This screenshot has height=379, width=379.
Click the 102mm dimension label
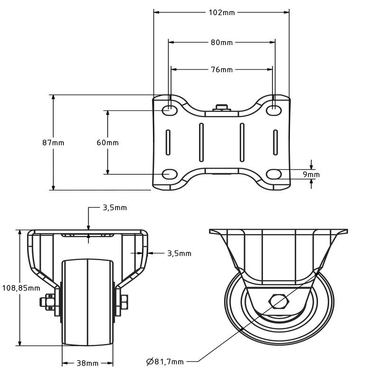(x=222, y=12)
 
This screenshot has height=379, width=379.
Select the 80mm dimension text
(x=222, y=43)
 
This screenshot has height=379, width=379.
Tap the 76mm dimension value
(x=222, y=70)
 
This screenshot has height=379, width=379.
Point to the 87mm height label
(x=53, y=143)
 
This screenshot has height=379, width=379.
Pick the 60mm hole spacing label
(x=108, y=143)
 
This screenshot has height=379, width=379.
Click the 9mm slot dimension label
(x=311, y=174)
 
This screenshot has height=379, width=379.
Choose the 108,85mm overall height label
(x=21, y=288)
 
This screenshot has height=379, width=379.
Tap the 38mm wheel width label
(x=88, y=363)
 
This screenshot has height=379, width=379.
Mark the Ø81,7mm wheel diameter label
(x=165, y=361)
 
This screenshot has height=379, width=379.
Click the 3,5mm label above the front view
(x=115, y=208)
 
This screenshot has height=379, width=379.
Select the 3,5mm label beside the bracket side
(x=180, y=253)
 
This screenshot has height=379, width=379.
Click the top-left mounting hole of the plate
(x=170, y=110)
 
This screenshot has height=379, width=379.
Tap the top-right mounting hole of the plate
(x=274, y=110)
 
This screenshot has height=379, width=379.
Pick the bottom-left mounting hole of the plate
(x=170, y=174)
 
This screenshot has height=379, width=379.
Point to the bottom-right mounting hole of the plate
(x=274, y=174)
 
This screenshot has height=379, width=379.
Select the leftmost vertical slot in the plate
(x=168, y=143)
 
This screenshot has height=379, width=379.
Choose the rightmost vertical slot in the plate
(x=275, y=143)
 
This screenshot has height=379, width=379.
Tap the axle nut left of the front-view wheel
(x=47, y=301)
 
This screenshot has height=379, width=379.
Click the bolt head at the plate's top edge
(x=222, y=108)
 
